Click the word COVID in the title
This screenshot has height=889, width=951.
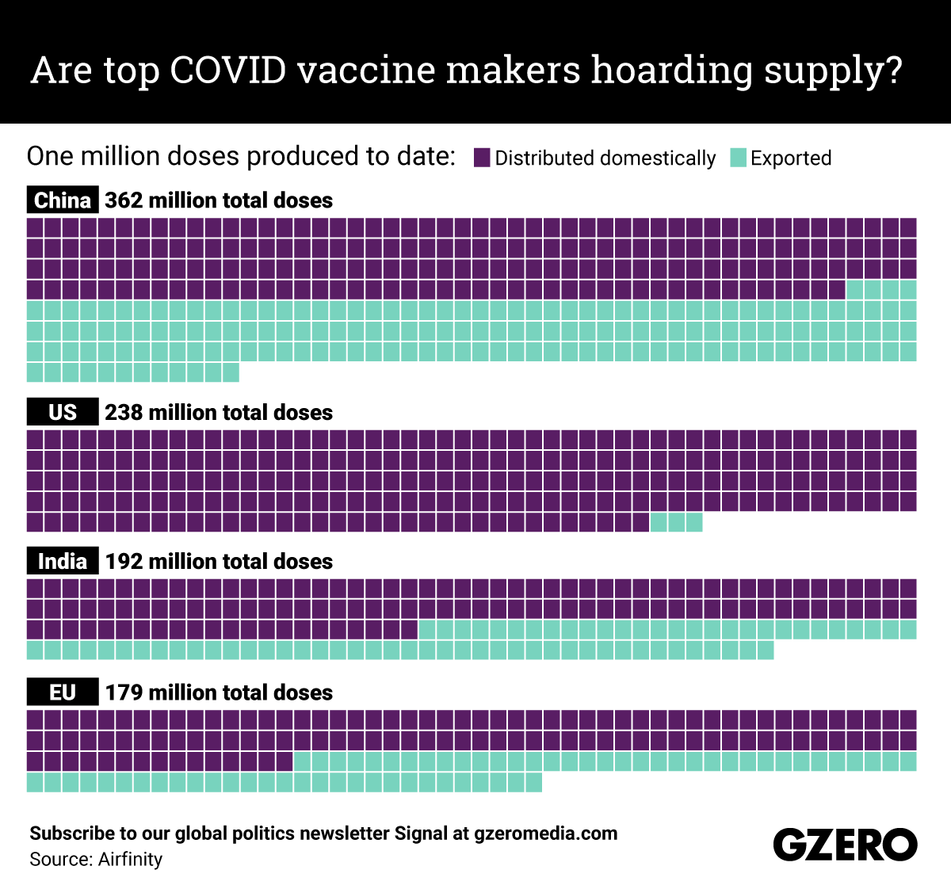[x=227, y=70]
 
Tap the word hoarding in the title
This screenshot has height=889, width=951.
[x=672, y=70]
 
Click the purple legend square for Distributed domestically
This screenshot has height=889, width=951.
[x=482, y=158]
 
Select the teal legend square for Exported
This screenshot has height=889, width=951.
[x=738, y=158]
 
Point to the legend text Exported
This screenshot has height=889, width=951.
[x=790, y=158]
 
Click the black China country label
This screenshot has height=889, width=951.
[x=63, y=200]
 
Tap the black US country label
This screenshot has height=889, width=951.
[x=63, y=412]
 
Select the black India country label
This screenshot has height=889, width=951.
[x=63, y=561]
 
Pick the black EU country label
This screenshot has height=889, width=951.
[x=63, y=693]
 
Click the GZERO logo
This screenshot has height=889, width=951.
[x=845, y=845]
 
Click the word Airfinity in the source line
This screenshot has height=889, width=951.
[x=130, y=860]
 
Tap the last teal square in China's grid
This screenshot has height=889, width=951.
[x=231, y=372]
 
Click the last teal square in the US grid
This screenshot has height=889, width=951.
[x=694, y=522]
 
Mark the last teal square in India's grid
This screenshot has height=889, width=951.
[x=766, y=651]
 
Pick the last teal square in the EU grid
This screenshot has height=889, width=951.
[x=534, y=782]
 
